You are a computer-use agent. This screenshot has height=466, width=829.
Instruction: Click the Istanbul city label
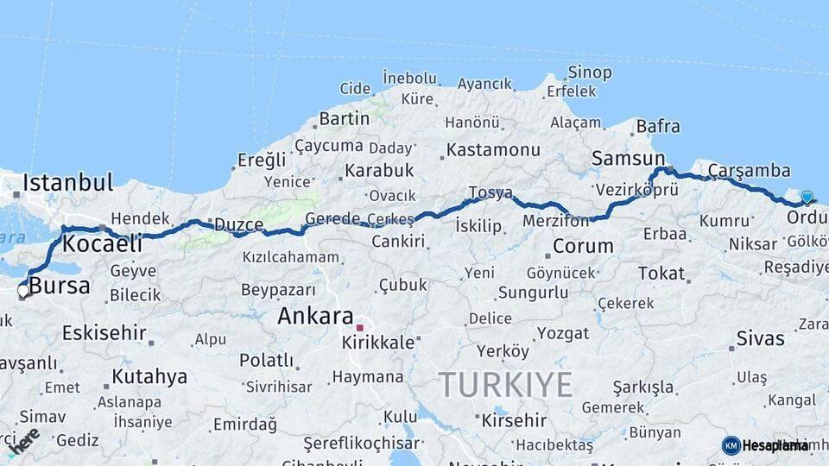tap(67, 182)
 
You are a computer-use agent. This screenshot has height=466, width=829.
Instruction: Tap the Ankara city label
tap(315, 316)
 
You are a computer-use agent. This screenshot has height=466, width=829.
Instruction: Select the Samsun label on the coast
tap(628, 158)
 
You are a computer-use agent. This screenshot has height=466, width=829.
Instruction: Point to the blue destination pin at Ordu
tap(807, 198)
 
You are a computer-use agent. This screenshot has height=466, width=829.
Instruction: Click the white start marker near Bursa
tap(22, 291)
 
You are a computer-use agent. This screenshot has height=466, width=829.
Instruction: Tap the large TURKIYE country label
tap(505, 384)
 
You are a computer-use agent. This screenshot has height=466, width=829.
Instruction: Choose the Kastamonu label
tap(493, 150)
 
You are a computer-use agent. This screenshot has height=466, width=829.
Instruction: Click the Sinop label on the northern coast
tap(590, 72)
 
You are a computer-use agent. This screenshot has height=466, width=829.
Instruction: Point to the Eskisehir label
tap(104, 332)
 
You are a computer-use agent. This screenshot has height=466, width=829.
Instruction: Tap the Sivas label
tap(760, 337)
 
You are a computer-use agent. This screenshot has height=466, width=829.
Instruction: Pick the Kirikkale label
tap(378, 342)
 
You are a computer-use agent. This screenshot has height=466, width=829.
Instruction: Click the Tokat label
tap(661, 273)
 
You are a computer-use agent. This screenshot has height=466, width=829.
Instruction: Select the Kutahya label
tap(149, 376)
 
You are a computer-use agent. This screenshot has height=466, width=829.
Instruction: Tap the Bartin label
tap(344, 118)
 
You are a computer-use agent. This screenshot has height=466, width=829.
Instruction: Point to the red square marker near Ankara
tap(359, 328)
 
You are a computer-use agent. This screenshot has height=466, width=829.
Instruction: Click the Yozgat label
tap(563, 333)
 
